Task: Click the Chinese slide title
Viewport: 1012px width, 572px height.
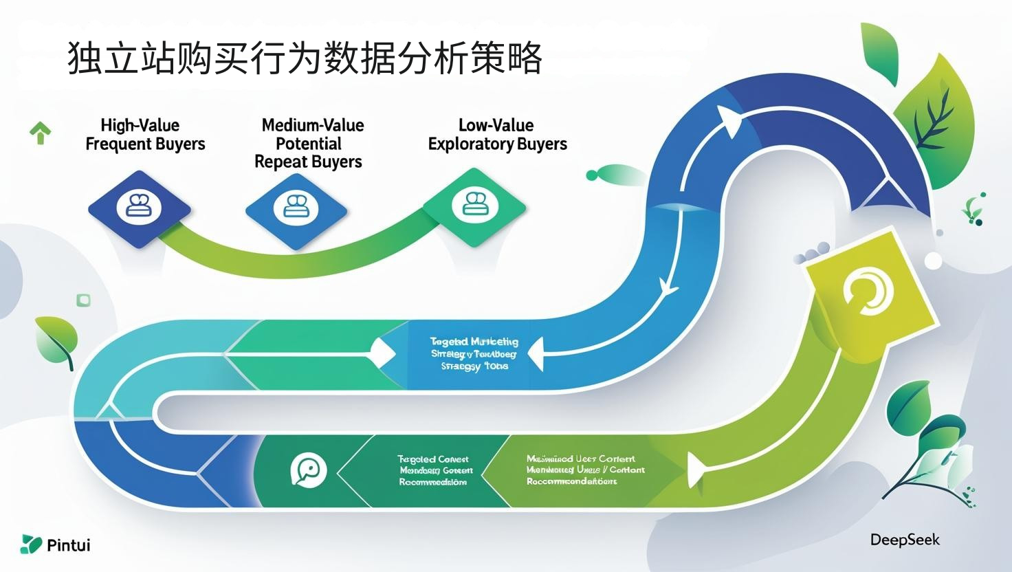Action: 305,58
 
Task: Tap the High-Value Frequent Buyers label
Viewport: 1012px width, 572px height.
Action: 145,135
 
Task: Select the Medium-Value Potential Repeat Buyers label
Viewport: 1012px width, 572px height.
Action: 309,144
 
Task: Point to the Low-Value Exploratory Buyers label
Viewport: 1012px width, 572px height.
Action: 497,135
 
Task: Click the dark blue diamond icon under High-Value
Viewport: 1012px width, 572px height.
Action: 139,207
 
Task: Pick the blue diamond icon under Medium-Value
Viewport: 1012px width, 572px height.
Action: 296,207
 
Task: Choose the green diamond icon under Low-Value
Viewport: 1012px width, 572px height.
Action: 474,205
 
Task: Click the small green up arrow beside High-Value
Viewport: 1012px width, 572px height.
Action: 41,132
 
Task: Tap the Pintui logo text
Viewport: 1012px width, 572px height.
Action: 68,545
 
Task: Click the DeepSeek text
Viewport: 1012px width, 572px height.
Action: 905,540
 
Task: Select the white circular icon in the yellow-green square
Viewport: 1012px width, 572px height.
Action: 868,291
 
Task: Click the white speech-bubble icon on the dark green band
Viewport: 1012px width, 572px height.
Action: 307,471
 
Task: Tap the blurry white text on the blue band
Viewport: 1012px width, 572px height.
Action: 474,353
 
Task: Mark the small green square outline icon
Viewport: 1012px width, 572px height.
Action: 83,300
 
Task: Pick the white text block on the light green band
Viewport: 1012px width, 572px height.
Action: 585,470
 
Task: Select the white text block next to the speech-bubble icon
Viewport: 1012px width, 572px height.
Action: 434,470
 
